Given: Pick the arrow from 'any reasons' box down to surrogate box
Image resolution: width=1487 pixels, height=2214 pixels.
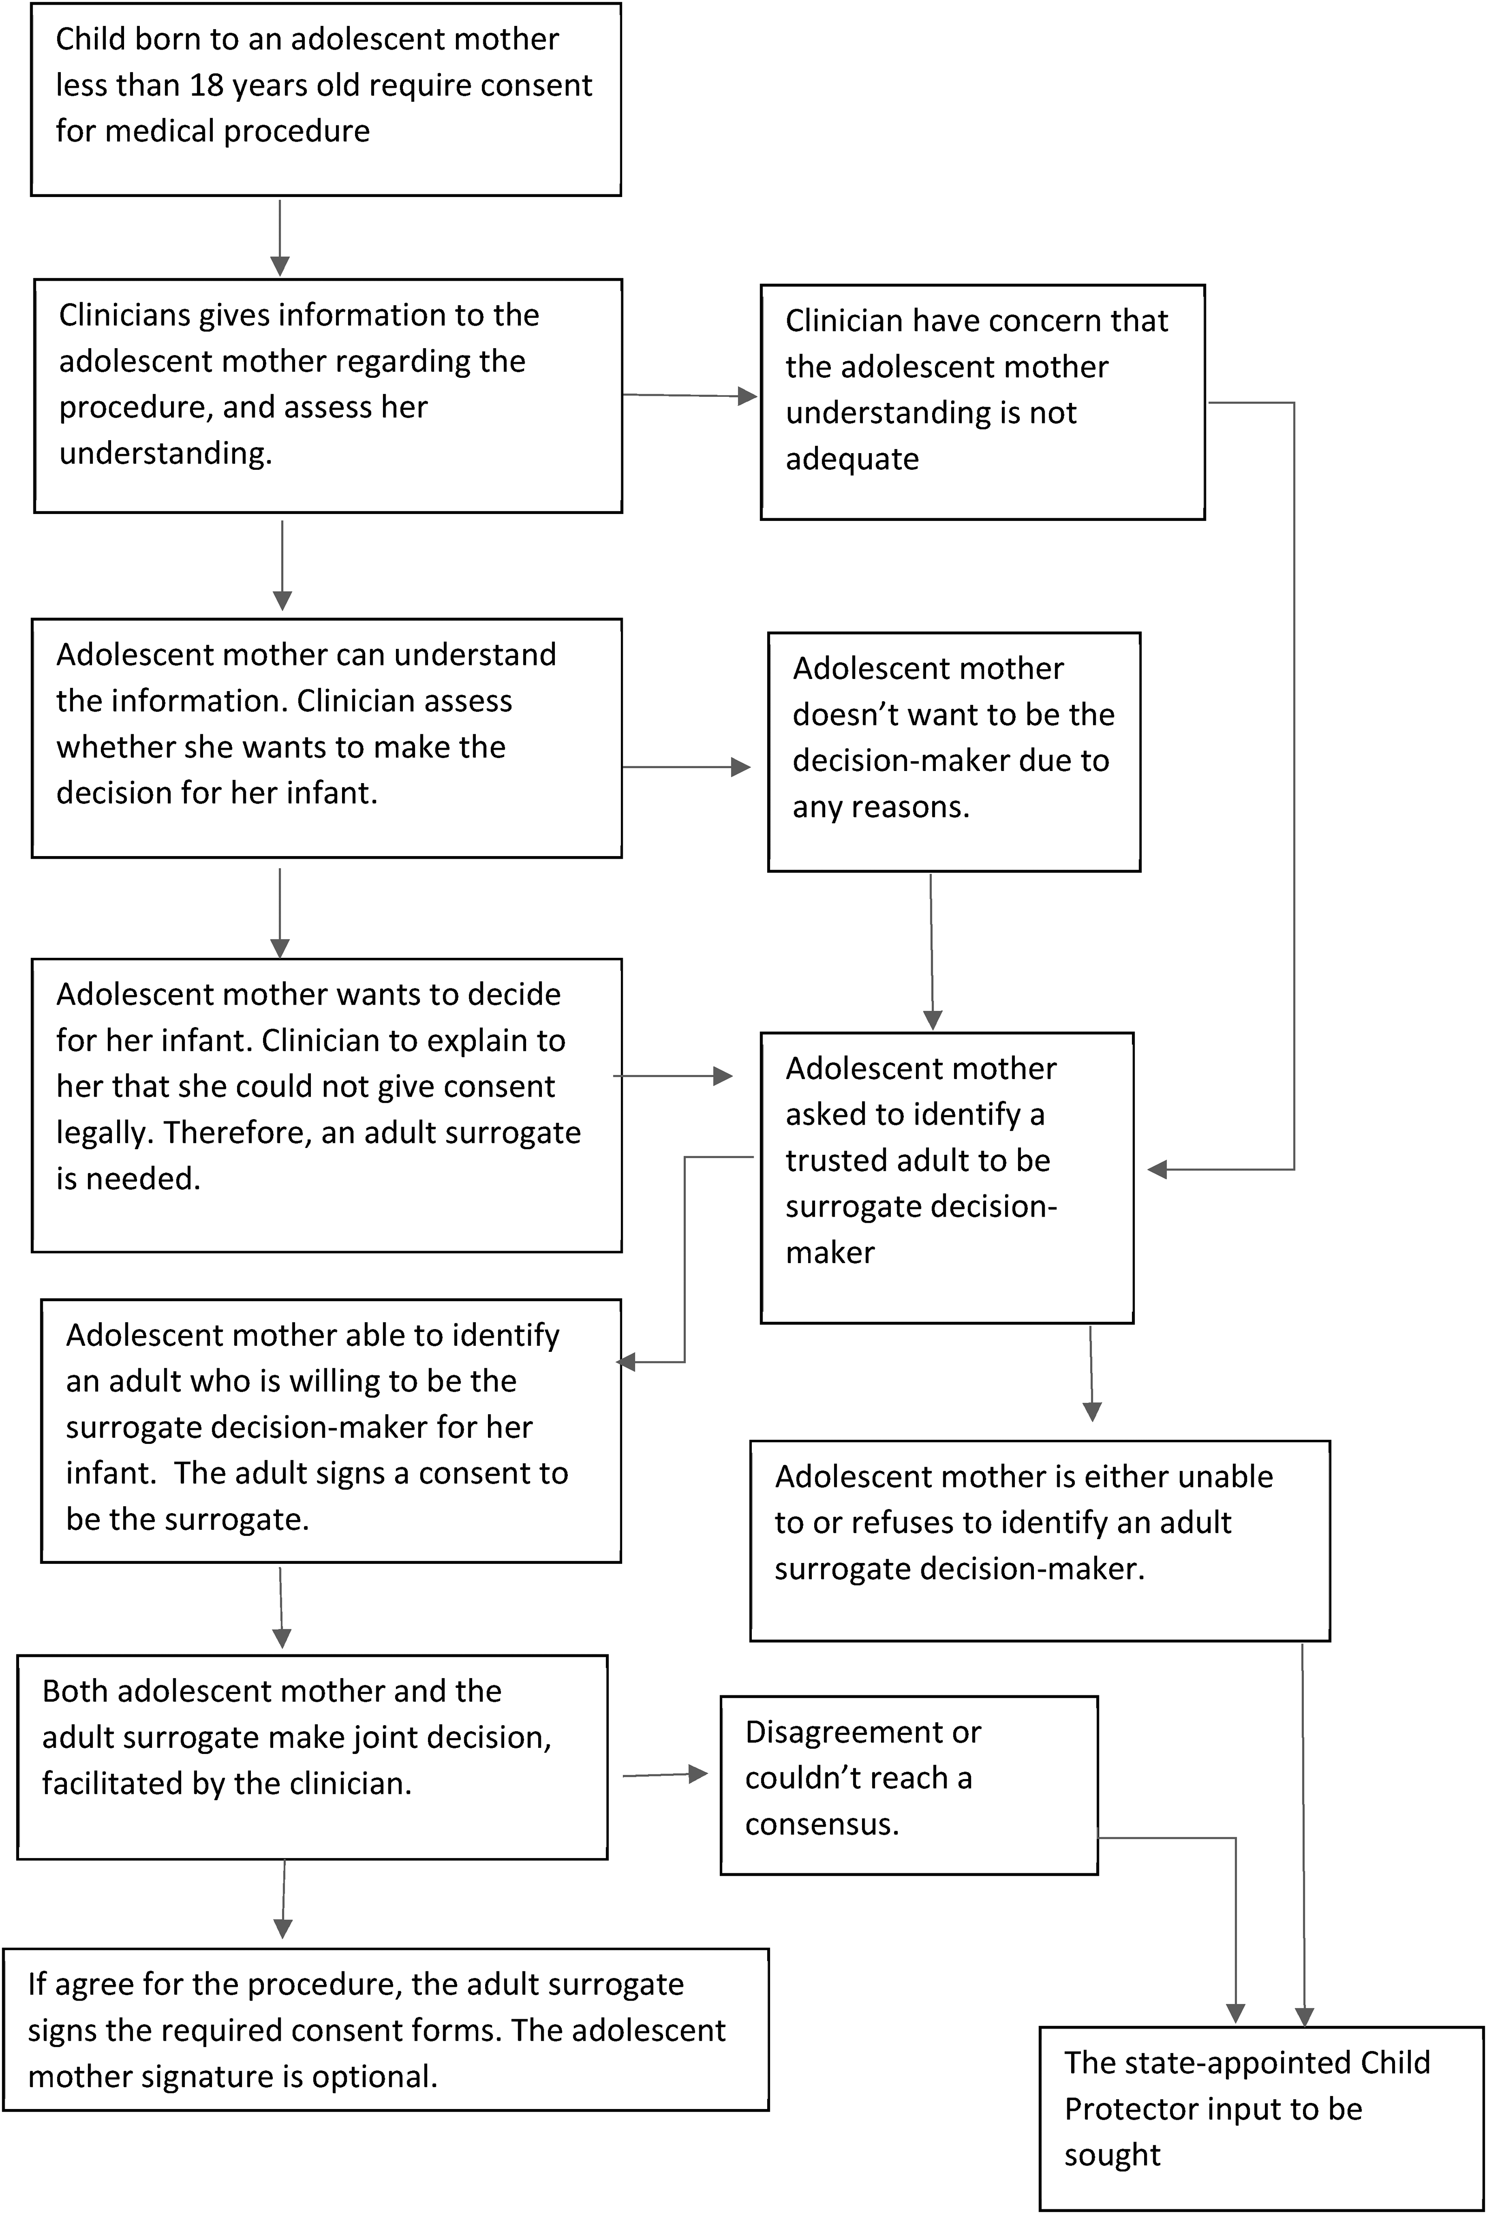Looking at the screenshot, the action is point(932,952).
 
